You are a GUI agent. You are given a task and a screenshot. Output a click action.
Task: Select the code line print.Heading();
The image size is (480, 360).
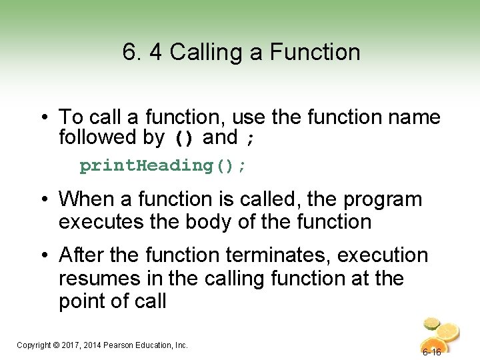pyautogui.click(x=163, y=166)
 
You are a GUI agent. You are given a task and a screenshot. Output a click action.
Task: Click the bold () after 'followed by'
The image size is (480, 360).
pyautogui.click(x=184, y=139)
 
